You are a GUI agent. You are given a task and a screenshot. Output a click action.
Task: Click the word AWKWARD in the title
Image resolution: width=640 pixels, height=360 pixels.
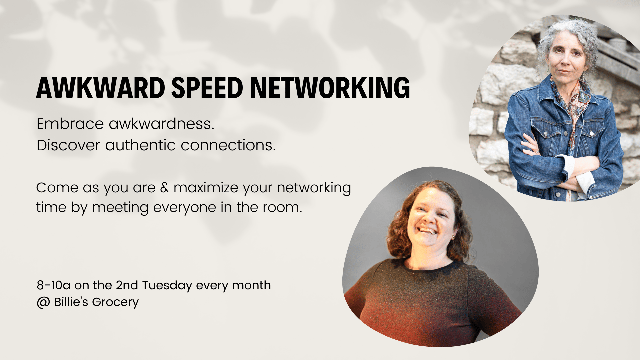click(x=101, y=88)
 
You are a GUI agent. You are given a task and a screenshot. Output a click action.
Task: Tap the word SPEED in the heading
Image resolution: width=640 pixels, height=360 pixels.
click(x=207, y=88)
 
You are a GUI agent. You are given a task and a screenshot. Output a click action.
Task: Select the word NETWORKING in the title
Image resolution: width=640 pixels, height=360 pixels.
click(x=330, y=88)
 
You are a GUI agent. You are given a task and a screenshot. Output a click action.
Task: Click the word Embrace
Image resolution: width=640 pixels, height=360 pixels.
click(x=70, y=124)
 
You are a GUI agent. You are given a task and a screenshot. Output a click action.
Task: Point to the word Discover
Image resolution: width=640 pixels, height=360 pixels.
click(x=68, y=145)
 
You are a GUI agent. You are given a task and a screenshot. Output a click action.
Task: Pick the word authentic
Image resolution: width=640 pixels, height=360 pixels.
click(x=140, y=145)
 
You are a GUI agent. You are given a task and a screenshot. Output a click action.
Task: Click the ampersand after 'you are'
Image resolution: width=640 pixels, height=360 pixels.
click(x=164, y=188)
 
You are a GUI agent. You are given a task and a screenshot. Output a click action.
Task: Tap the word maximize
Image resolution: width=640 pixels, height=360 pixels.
click(x=206, y=188)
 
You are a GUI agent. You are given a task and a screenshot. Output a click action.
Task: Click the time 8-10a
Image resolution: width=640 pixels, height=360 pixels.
click(x=54, y=285)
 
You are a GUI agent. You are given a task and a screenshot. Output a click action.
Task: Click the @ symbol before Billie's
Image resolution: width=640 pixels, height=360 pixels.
click(x=43, y=302)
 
